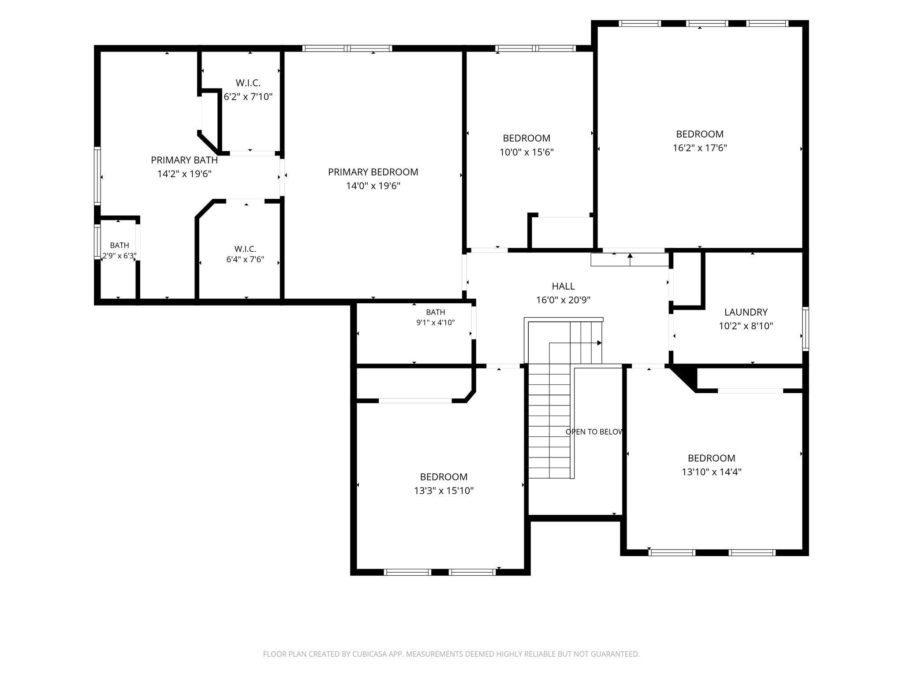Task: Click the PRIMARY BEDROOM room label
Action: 373,172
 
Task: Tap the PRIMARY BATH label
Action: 184,160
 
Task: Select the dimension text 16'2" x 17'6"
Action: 700,148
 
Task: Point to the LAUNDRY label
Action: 746,312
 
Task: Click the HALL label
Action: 563,286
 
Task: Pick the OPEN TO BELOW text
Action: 594,432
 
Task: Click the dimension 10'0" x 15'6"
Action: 526,152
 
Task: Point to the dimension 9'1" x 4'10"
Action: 436,323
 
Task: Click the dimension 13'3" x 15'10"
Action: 444,491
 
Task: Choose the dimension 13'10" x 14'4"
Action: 712,472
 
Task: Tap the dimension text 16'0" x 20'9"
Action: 563,300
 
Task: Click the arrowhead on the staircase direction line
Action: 600,343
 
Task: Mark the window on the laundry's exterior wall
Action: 806,329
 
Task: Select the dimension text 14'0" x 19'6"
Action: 373,186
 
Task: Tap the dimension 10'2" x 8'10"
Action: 746,326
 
